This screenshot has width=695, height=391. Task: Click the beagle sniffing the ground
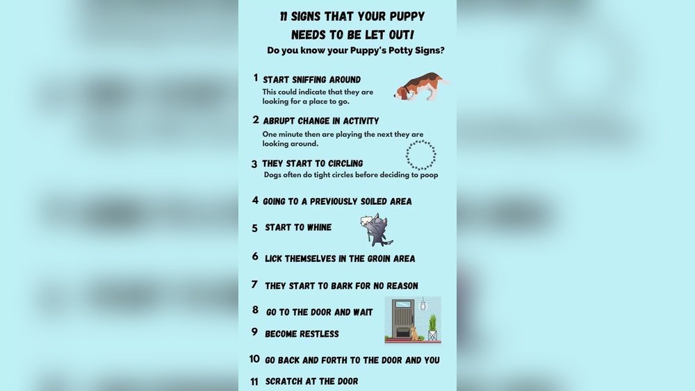(x=420, y=86)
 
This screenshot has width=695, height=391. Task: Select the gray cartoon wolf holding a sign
(x=377, y=230)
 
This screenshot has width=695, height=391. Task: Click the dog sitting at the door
(x=414, y=333)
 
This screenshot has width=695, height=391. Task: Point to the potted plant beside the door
(x=432, y=328)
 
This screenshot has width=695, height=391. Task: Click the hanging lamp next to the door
(x=423, y=304)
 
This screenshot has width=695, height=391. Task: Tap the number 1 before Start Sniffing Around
(x=255, y=78)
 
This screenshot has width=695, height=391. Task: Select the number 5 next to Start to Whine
(x=254, y=228)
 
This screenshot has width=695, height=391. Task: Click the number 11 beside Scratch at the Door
(x=254, y=382)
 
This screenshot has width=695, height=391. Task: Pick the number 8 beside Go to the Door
(x=255, y=310)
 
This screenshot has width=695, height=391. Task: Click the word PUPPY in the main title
(x=407, y=17)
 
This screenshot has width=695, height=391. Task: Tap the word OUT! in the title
(x=402, y=35)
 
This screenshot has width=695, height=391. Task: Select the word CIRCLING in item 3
(x=345, y=163)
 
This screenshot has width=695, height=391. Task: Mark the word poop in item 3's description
(x=429, y=175)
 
